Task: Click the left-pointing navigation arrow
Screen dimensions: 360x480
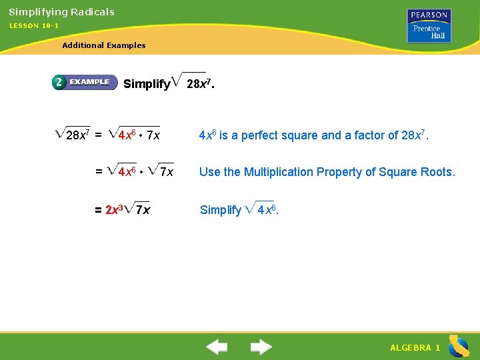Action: [x=216, y=347]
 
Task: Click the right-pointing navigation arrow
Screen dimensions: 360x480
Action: [x=261, y=347]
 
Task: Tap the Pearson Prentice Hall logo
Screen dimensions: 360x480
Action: [x=430, y=26]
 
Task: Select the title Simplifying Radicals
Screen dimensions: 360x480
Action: [x=61, y=12]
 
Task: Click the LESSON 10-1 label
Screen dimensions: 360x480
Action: [x=33, y=25]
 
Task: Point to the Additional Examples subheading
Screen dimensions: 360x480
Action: [x=103, y=45]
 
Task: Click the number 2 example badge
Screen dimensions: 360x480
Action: [x=59, y=82]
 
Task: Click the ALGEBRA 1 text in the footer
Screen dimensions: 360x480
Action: [x=415, y=348]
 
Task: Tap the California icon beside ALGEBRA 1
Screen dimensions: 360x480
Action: [x=459, y=347]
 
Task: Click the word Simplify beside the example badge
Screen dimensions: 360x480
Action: [x=147, y=84]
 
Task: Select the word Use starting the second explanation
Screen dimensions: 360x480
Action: [x=209, y=172]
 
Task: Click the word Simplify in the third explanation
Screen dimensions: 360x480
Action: [x=220, y=210]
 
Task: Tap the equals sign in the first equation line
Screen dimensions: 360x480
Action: [x=98, y=135]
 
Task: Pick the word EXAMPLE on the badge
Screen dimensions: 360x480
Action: [x=89, y=82]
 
